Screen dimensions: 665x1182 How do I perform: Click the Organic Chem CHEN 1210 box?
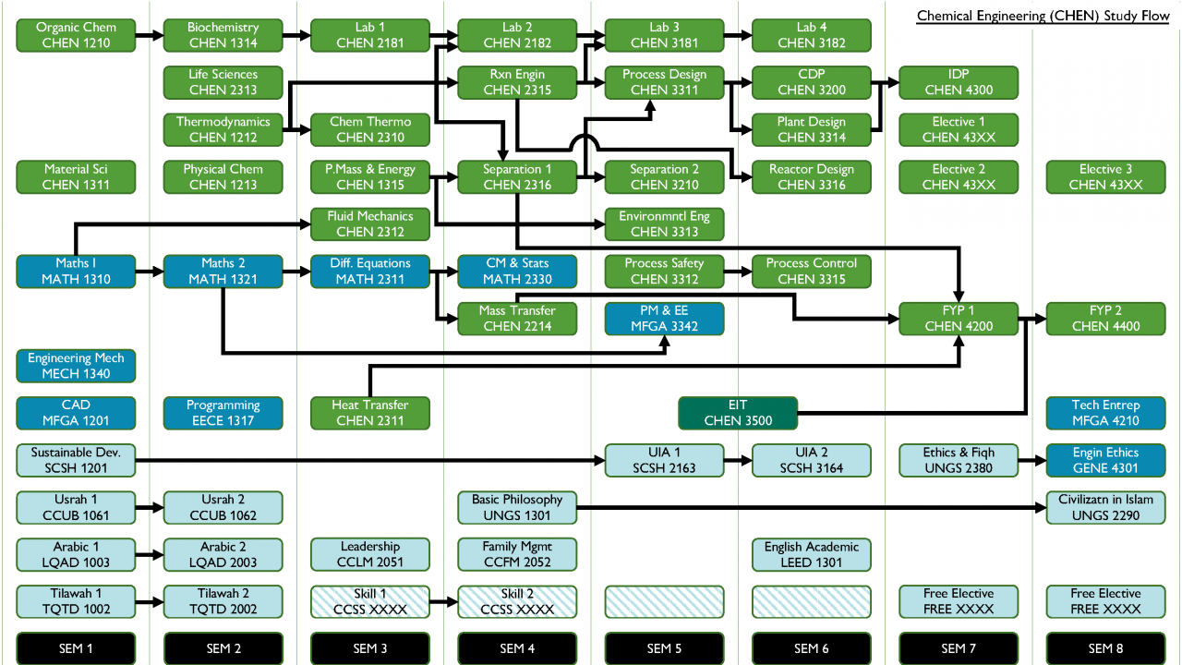76,35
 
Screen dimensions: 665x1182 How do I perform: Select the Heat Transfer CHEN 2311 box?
370,413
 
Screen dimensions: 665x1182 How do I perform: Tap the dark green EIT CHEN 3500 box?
737,413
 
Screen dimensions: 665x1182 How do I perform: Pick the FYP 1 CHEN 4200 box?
959,318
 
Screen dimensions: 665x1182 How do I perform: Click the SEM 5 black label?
664,647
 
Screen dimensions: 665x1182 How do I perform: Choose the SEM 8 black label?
1105,647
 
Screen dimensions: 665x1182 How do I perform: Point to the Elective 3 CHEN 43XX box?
1105,176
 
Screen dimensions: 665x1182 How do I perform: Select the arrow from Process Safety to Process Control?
737,272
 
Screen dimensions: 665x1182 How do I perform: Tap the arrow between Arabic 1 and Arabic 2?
149,555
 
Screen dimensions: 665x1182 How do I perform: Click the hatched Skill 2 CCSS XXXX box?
517,601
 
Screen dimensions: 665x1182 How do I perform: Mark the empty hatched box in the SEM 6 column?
811,601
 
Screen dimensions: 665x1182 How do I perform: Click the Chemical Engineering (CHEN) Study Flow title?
1044,17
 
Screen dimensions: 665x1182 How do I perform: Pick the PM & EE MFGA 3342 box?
664,318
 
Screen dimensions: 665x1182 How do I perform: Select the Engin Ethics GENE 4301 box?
1105,460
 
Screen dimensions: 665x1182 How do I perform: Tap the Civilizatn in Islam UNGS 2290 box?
1105,507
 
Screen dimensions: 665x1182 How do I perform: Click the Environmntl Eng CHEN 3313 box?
664,224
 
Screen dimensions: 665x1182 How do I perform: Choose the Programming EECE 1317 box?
223,413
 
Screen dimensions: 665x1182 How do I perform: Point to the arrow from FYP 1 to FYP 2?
1032,318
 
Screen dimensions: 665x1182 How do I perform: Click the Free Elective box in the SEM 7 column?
959,601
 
